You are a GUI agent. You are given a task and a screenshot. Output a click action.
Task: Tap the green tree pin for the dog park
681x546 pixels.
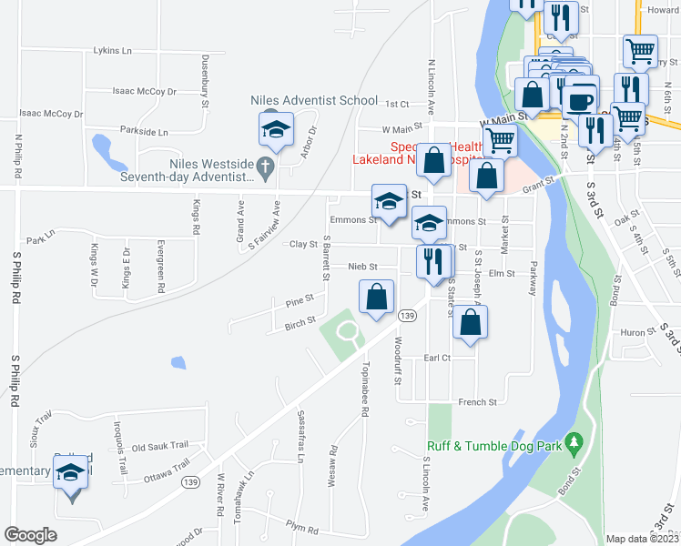pos(574,442)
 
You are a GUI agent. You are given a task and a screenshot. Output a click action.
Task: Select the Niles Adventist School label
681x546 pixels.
pos(314,100)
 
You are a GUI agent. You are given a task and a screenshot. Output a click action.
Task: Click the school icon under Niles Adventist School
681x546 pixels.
pos(274,128)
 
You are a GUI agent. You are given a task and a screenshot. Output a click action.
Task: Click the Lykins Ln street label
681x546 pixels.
pos(113,51)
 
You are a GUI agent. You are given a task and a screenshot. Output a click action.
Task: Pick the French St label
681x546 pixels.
pos(477,401)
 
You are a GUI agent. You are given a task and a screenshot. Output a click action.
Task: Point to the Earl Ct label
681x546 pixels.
pos(437,359)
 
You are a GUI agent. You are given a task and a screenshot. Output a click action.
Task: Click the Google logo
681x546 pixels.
pos(30,535)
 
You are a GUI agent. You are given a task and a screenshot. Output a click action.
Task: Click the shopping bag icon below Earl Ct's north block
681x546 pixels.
pos(470,323)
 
